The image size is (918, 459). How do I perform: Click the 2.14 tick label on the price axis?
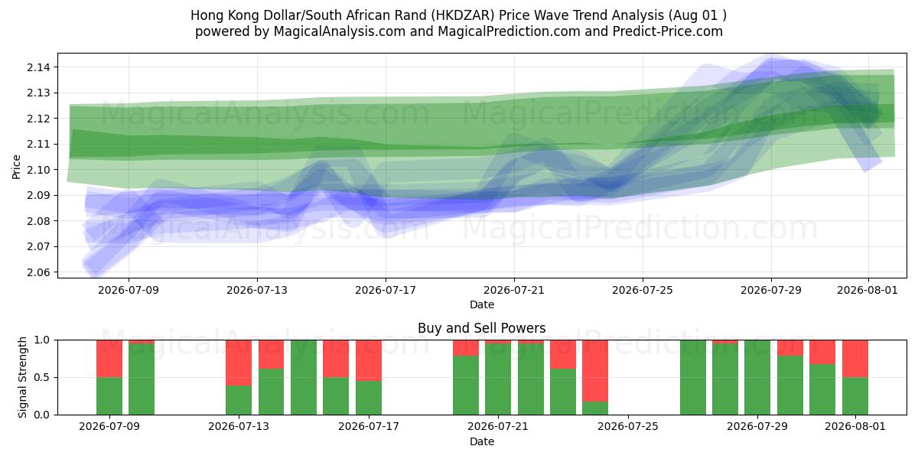pos(38,67)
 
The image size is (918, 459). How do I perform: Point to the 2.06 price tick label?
pos(38,272)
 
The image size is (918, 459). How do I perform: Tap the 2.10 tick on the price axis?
pos(38,170)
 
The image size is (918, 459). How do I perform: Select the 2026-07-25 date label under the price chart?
pos(642,290)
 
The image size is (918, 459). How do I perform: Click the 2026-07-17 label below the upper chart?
pos(386,290)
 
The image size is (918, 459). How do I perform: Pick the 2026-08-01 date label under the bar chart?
pos(855,426)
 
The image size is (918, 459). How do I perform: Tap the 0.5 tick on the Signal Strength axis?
pos(42,377)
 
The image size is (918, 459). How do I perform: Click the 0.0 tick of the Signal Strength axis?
pos(42,415)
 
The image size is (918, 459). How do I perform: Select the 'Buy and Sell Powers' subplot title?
pos(481,328)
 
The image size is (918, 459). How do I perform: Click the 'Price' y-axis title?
pos(16,167)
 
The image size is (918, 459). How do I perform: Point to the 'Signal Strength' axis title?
pos(22,377)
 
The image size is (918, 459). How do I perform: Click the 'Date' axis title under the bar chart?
pos(481,441)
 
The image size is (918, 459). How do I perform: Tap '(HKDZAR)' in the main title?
pos(463,15)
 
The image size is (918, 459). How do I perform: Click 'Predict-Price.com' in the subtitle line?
pos(668,31)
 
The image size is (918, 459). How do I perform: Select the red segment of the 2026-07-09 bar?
pos(109,359)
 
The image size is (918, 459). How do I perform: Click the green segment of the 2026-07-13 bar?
pos(239,400)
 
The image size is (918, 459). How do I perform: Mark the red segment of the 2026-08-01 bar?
pos(855,359)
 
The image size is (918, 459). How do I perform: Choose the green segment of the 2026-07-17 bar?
pos(369,398)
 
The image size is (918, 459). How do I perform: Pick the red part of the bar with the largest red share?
pos(595,371)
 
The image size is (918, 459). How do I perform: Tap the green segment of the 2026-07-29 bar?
pos(757,377)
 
